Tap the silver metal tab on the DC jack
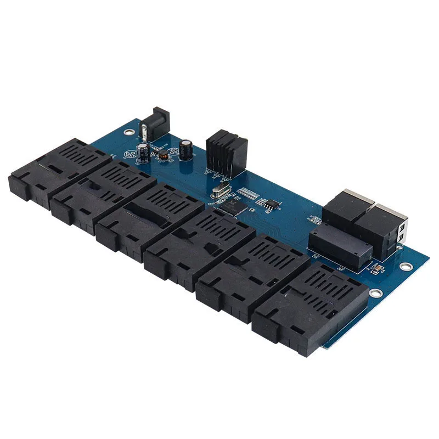[144, 132]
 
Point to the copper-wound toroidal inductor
[162, 154]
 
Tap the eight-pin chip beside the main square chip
[269, 204]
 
